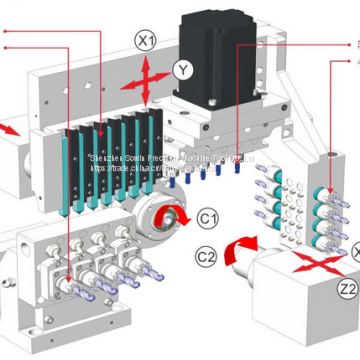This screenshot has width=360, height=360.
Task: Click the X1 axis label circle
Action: click(x=147, y=41)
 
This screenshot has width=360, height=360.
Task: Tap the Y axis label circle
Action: click(x=181, y=69)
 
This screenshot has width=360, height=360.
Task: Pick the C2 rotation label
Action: click(x=206, y=256)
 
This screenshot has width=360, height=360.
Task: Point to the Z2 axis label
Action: click(x=346, y=290)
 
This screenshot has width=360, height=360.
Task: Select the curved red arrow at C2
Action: click(x=241, y=250)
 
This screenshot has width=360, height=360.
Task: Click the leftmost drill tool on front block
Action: click(x=76, y=284)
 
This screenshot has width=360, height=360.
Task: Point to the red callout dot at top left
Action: click(x=5, y=31)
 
